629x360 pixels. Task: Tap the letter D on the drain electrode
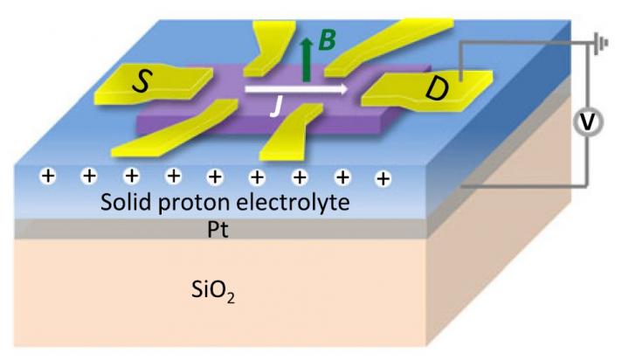point(434,88)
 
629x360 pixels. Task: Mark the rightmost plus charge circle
point(383,179)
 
